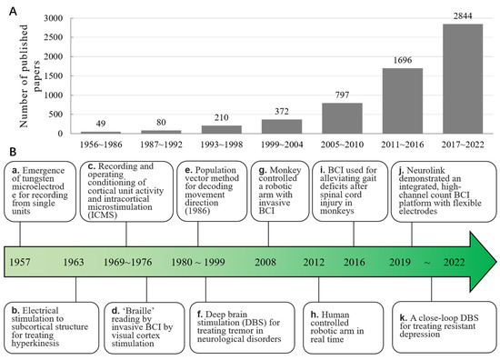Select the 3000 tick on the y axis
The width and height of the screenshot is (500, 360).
click(x=51, y=18)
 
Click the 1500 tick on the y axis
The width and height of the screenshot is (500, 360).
click(x=51, y=76)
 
